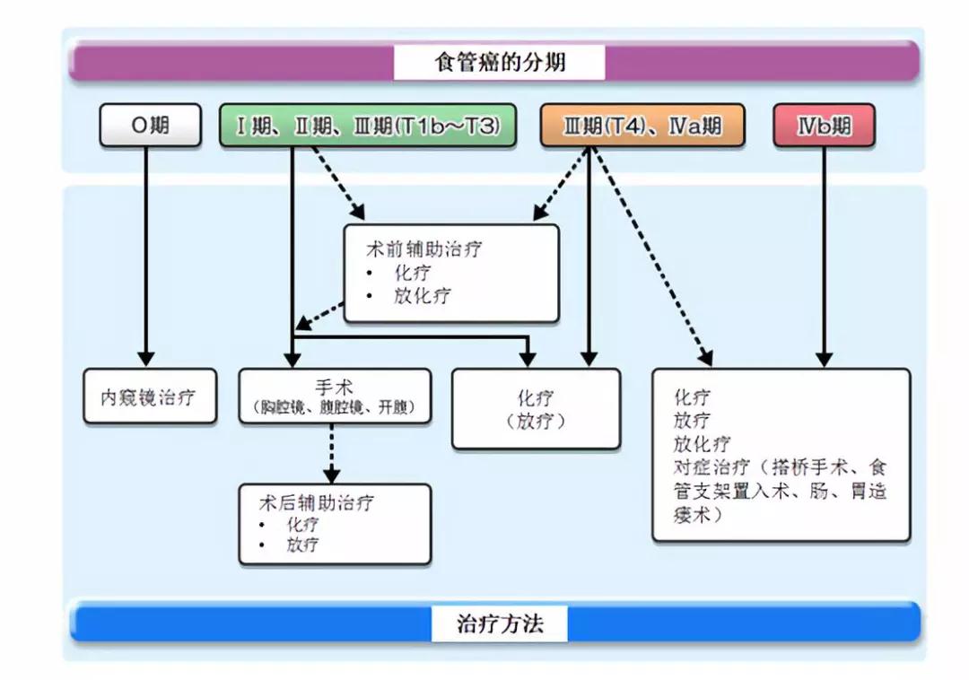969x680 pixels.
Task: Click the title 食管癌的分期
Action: coord(500,62)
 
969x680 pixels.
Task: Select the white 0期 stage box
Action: coord(150,126)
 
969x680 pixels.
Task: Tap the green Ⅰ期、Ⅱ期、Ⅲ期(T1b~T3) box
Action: coord(368,126)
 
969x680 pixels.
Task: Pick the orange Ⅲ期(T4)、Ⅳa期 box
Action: coord(642,126)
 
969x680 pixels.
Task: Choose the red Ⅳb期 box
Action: coord(824,126)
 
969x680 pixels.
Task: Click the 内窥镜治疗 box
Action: coord(150,397)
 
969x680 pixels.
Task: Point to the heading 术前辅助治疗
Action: coord(423,249)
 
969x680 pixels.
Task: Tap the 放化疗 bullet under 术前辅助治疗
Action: coord(422,296)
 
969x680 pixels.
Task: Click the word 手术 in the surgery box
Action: coord(334,388)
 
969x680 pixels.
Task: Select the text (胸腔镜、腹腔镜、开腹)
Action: coord(335,407)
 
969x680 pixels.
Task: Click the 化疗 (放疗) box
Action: coord(536,409)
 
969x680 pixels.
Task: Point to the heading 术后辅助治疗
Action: coord(317,502)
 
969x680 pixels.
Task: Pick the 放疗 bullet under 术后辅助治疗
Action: coord(302,545)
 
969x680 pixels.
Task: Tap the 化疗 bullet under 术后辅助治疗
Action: coord(302,525)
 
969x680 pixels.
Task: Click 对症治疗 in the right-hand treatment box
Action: coord(711,466)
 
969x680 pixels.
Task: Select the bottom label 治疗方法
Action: coord(500,623)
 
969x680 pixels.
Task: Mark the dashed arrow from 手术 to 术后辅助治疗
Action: coord(332,454)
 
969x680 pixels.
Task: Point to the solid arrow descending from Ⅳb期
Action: coord(824,257)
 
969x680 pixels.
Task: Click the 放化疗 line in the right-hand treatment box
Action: coord(702,443)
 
